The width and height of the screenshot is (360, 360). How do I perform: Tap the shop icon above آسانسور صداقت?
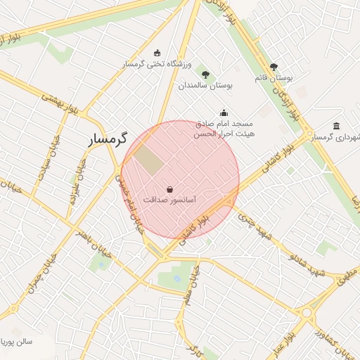[x=170, y=188]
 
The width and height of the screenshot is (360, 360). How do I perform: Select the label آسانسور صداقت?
[x=169, y=200]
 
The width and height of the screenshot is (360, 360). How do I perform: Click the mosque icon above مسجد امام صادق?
[x=224, y=111]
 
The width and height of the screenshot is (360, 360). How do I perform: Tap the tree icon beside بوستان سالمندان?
[x=205, y=74]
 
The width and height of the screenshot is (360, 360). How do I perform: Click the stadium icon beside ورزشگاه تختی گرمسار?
[x=156, y=53]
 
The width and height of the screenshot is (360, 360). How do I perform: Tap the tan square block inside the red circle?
[x=148, y=158]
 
